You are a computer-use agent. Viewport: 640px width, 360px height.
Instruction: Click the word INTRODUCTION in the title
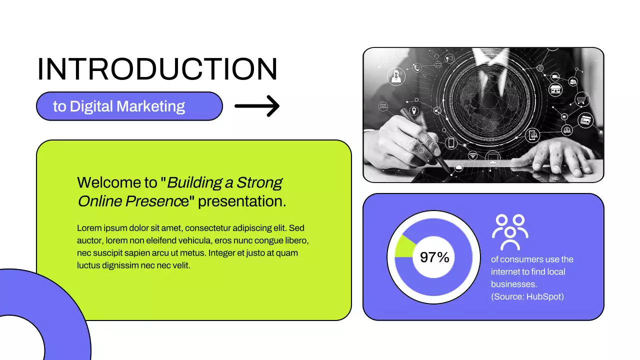157,69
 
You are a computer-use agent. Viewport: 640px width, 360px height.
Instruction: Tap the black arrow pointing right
257,106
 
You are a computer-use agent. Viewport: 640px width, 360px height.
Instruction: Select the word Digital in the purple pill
91,106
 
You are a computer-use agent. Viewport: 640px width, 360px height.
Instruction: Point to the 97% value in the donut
434,257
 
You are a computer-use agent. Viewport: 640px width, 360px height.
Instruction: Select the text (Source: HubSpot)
527,296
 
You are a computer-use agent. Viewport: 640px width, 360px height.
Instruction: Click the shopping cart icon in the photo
581,99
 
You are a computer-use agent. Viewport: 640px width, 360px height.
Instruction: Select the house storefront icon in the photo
555,89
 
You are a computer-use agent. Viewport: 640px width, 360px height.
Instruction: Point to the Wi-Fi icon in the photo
472,155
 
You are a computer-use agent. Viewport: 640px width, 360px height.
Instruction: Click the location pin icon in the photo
414,111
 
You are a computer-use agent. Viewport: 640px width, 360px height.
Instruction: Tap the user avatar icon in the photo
396,76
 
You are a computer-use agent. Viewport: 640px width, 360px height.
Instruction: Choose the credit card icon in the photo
585,120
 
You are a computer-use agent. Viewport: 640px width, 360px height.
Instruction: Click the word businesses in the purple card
513,284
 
